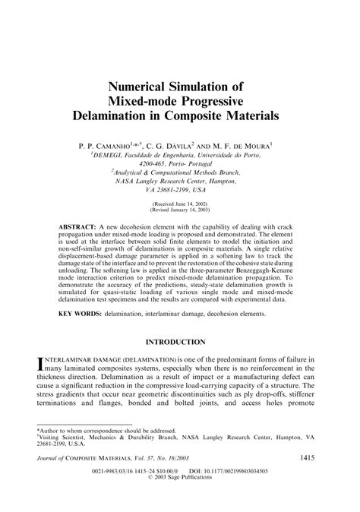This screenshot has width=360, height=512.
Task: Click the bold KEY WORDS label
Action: [x=81, y=313]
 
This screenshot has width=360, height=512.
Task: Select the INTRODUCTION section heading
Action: [x=180, y=343]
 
